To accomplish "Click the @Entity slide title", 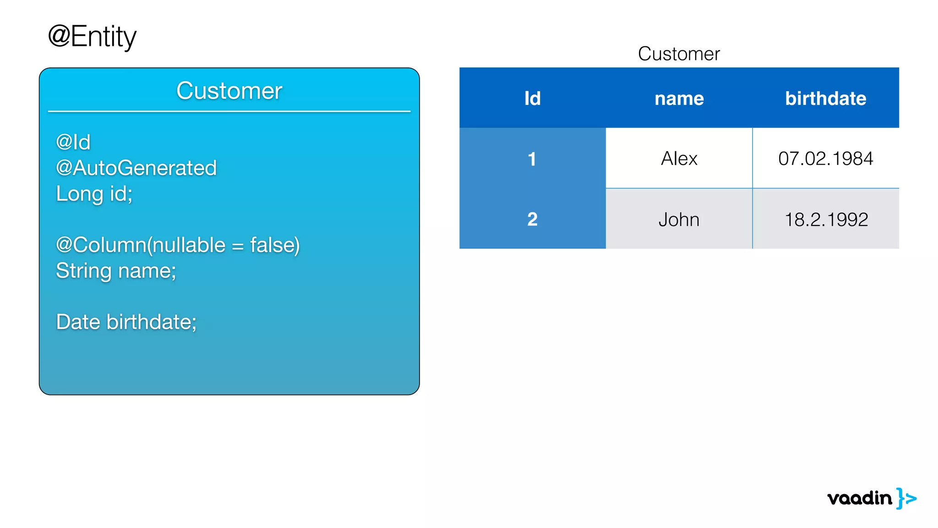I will coord(92,37).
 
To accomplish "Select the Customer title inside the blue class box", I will coord(229,90).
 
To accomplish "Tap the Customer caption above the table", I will coord(679,54).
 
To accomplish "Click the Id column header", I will coord(532,98).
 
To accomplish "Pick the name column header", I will coord(679,98).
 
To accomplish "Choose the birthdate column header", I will coord(825,98).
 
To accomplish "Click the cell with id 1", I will coord(532,159).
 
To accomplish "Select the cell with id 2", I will coord(532,219).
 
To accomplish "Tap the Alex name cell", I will coord(679,159).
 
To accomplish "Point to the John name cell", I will coord(679,220).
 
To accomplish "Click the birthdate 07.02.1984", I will coord(825,159).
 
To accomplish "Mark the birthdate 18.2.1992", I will coord(826,220).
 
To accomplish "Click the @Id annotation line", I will coord(73,142).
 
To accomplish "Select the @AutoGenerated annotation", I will coord(136,168).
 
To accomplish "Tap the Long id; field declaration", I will coord(94,193).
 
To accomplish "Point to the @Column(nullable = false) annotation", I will coord(178,245).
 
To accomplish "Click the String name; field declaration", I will coord(116,270).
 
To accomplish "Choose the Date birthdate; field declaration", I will coord(126,322).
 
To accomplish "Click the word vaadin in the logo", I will coord(859,498).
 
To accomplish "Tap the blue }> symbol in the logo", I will coord(906,498).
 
